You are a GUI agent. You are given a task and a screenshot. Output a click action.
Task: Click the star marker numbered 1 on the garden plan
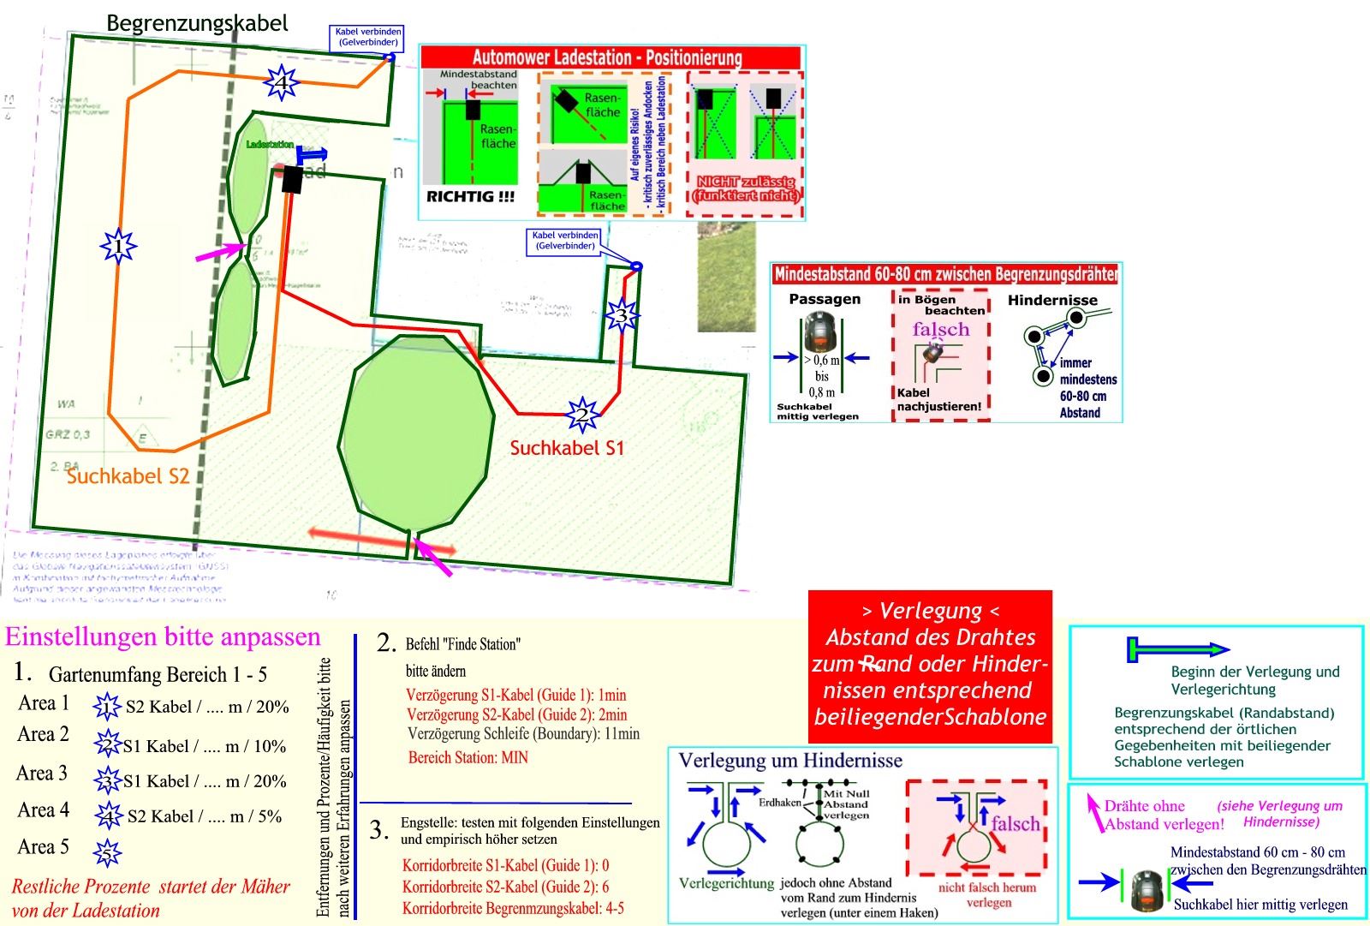tap(118, 247)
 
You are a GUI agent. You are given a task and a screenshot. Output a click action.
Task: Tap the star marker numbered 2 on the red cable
tap(583, 415)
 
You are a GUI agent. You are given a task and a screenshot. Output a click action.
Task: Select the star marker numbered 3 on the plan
tap(622, 315)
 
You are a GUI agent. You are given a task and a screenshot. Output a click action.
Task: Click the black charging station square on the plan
tap(292, 180)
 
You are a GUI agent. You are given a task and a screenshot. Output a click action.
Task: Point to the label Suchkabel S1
tap(567, 448)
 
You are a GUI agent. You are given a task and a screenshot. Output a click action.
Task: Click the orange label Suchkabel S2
tap(128, 476)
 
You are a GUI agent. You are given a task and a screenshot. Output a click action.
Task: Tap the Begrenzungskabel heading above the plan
tap(197, 23)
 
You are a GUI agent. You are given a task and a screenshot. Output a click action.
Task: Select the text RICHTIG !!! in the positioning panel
tap(470, 196)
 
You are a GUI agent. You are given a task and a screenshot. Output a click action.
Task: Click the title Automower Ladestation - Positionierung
tap(607, 58)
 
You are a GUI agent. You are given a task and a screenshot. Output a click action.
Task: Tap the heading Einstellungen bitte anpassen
tap(163, 636)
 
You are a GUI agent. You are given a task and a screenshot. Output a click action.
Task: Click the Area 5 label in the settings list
tap(43, 847)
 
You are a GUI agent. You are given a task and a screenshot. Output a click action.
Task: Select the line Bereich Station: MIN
tap(468, 757)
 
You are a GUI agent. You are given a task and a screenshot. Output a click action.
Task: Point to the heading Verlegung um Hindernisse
tap(790, 761)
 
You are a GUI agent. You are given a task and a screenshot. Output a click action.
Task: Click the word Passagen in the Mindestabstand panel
tap(825, 299)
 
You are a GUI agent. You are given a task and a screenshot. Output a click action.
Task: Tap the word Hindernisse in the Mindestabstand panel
tap(1052, 300)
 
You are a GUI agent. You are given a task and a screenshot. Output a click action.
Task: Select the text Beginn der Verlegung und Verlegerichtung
tap(1254, 680)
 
